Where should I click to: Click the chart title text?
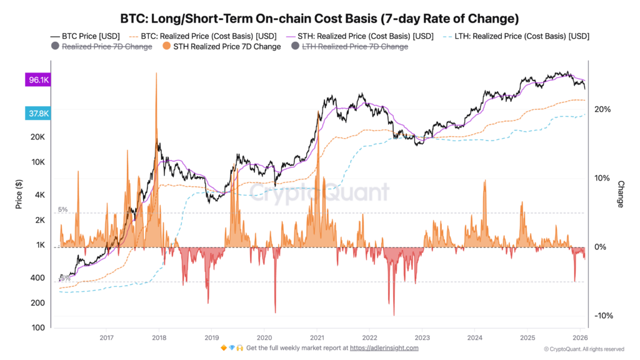tap(319, 19)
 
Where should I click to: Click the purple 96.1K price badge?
tap(37, 80)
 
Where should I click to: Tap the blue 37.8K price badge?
tap(37, 113)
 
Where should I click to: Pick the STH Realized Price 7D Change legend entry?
tap(222, 47)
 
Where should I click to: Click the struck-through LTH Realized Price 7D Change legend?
tap(349, 47)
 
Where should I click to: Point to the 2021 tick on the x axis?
tap(316, 335)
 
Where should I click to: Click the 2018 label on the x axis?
tap(159, 335)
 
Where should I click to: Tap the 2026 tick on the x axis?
tap(579, 335)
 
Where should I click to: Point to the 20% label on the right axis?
tap(602, 109)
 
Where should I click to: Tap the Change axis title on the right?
tap(621, 194)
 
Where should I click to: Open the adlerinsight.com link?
tap(384, 348)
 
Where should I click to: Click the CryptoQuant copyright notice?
tap(583, 349)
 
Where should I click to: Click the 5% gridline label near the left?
tap(62, 209)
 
